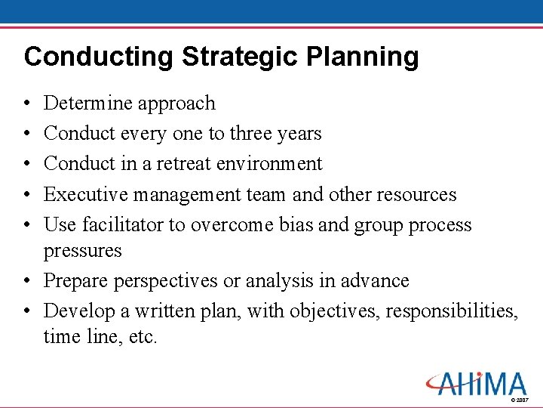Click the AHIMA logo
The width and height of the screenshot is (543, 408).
(476, 383)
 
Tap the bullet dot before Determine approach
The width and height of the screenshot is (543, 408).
(27, 104)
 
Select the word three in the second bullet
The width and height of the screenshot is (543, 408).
(255, 134)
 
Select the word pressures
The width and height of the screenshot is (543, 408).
(83, 250)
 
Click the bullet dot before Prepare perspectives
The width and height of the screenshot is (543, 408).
(27, 281)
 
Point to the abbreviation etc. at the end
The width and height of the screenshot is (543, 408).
(142, 336)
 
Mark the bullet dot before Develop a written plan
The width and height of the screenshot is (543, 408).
(27, 311)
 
